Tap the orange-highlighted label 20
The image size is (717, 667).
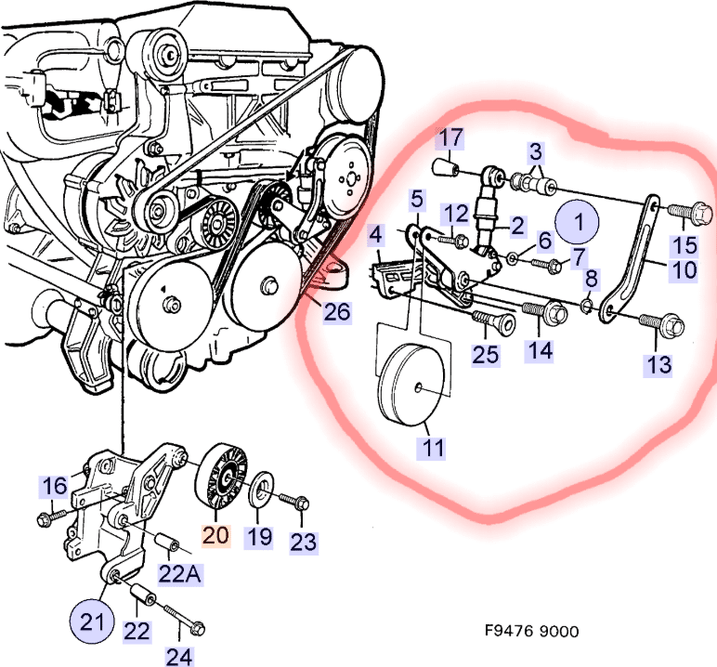[x=215, y=537]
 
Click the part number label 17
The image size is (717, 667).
[x=451, y=139]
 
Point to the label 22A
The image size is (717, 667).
[x=180, y=574]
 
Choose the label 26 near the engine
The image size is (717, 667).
[x=337, y=311]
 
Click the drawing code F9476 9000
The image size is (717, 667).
[x=531, y=632]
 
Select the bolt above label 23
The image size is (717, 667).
[x=295, y=502]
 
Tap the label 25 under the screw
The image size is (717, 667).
[x=487, y=354]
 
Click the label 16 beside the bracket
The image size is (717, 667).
[x=55, y=485]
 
